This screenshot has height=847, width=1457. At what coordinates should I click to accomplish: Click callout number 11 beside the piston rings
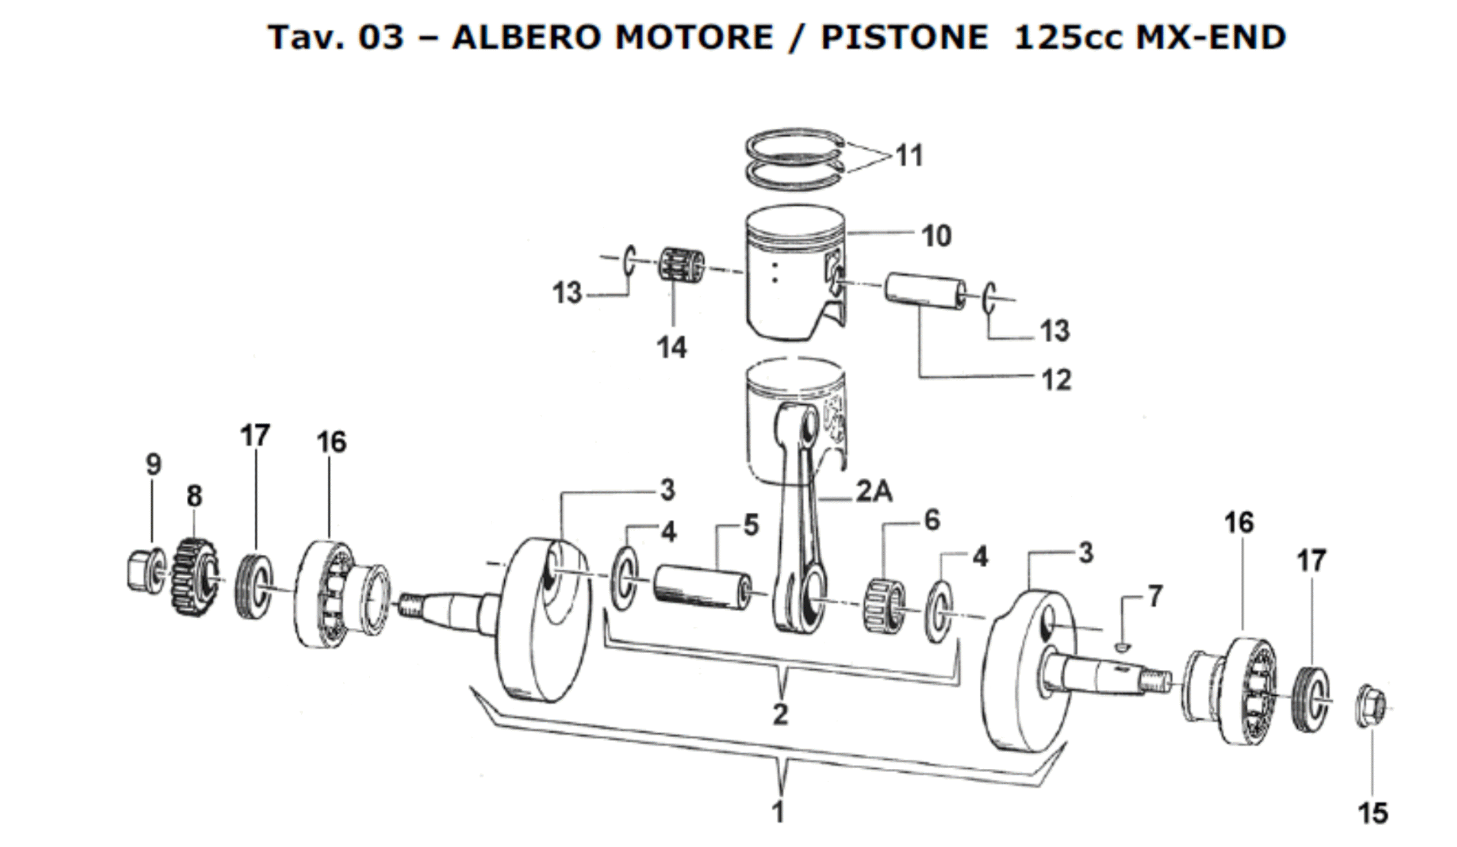[x=910, y=155]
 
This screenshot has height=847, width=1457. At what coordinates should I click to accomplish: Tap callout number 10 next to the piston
[x=936, y=236]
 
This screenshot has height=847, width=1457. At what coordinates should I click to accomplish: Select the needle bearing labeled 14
[x=682, y=266]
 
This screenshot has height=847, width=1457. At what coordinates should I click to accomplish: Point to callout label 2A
[x=873, y=493]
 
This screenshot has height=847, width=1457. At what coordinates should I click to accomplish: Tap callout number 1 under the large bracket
[x=779, y=812]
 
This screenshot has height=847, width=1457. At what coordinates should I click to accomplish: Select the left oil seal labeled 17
[x=254, y=588]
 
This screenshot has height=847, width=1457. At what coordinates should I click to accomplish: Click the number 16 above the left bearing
[x=331, y=442]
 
